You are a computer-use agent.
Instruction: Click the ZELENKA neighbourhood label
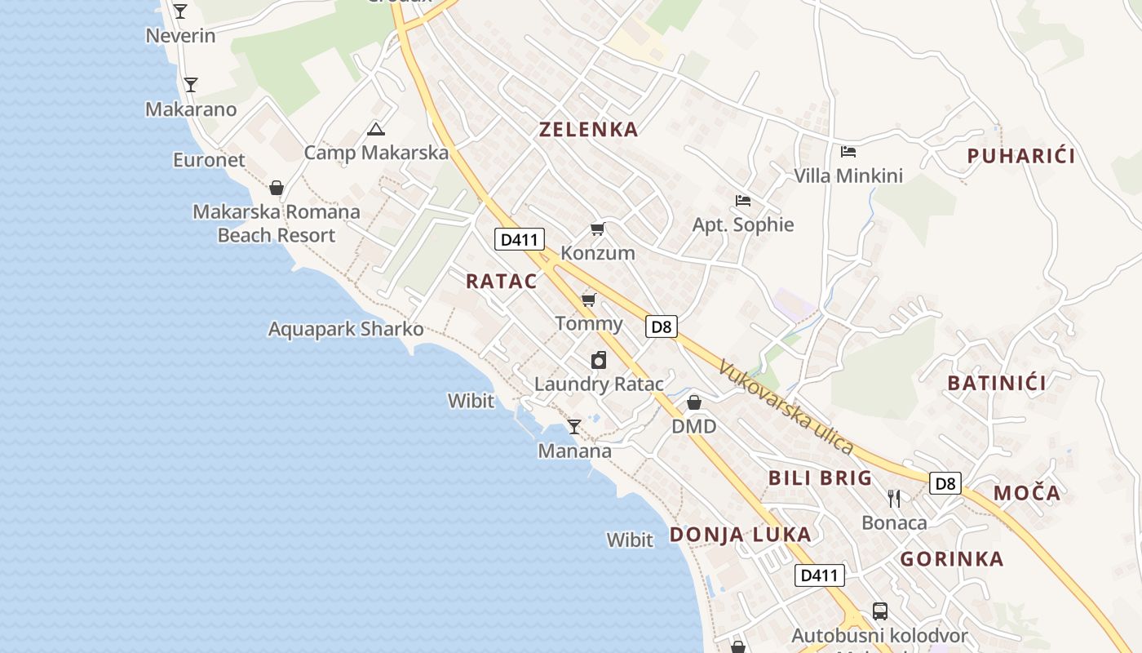[588, 129]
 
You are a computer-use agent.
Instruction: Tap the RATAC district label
[502, 282]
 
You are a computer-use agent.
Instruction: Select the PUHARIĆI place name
[1020, 156]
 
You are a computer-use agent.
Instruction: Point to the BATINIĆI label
[996, 383]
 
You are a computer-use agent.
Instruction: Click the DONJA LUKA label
[740, 535]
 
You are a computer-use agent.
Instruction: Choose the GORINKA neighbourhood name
[951, 559]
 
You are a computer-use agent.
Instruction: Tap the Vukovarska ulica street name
[785, 406]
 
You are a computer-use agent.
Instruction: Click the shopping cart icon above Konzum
[598, 229]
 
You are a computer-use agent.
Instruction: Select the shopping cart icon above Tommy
[589, 300]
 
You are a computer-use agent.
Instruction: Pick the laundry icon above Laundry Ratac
[599, 360]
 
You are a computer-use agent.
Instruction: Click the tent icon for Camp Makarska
[375, 129]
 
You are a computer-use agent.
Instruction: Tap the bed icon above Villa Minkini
[848, 152]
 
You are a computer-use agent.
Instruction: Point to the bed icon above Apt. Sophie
[742, 201]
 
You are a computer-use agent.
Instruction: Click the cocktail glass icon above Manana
[574, 426]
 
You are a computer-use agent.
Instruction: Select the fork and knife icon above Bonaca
[894, 498]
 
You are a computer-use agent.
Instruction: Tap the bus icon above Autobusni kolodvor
[879, 611]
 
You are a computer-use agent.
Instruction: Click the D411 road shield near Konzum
[520, 240]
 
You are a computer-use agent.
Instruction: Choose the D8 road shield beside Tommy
[662, 327]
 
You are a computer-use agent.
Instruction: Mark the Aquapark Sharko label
[346, 330]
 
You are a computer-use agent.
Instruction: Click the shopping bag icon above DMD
[693, 402]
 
